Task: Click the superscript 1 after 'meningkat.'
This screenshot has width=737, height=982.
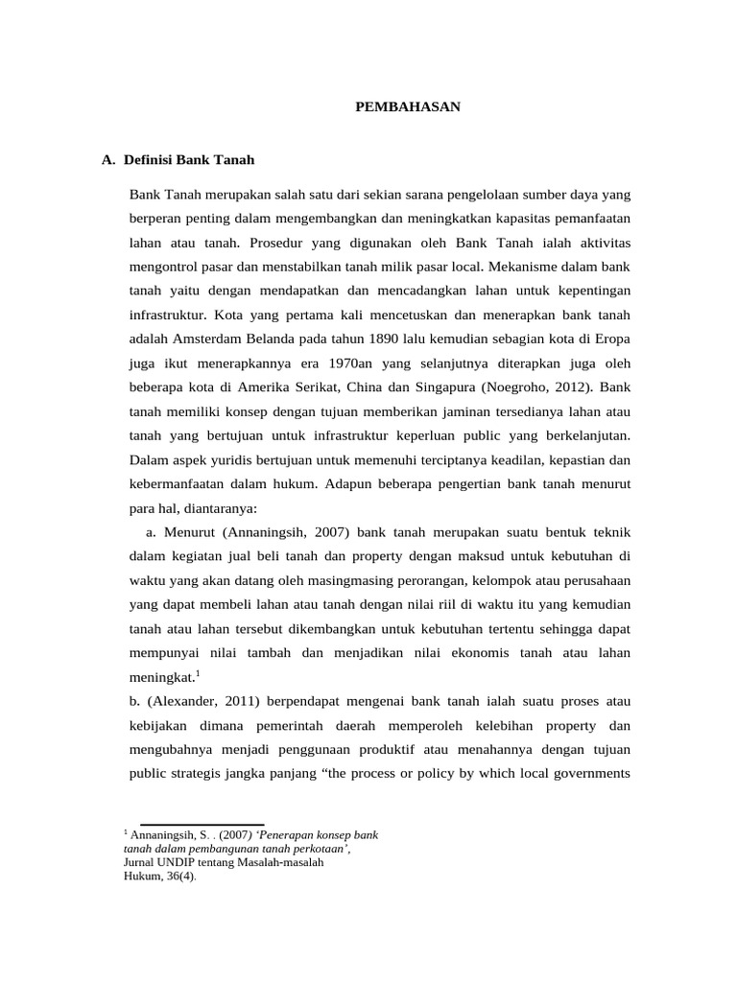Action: pos(197,672)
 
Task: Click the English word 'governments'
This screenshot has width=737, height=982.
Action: pos(589,774)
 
